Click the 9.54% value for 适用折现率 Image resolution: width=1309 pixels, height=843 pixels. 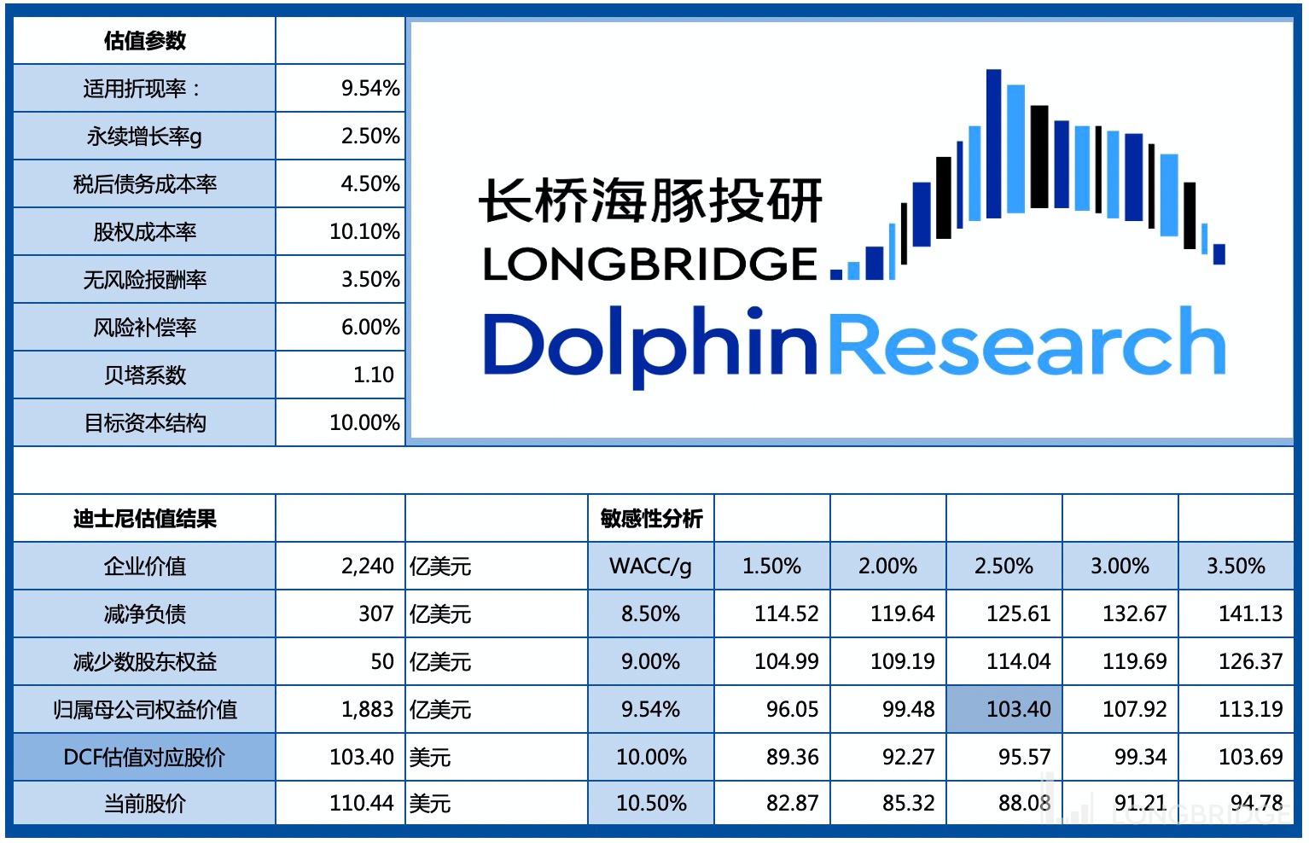coord(369,88)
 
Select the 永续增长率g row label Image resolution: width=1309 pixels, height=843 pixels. coord(144,136)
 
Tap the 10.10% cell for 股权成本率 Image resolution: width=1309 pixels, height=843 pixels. coord(364,231)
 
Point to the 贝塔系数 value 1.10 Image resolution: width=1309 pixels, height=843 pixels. coord(373,375)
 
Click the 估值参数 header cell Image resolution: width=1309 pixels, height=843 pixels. coord(144,40)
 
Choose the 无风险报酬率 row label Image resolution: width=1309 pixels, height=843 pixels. coord(144,279)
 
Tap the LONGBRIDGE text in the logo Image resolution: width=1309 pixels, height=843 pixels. coord(650,265)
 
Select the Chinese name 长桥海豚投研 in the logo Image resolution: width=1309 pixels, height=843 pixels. coord(650,201)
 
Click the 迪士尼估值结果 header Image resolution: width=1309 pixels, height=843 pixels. coord(144,518)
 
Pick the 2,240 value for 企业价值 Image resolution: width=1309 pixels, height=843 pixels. coord(367,566)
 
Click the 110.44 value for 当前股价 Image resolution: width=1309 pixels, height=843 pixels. coord(362,803)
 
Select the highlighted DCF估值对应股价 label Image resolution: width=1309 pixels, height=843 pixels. coord(144,757)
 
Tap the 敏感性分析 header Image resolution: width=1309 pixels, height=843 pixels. coord(651,518)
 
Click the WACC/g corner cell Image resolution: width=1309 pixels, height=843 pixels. coord(650,566)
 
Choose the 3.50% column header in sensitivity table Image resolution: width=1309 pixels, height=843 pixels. coord(1235,566)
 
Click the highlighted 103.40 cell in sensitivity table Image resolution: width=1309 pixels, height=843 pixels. coord(1018,709)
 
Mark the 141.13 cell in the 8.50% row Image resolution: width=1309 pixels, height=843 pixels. coord(1250,613)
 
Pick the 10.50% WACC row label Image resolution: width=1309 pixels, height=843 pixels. coord(651,803)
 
